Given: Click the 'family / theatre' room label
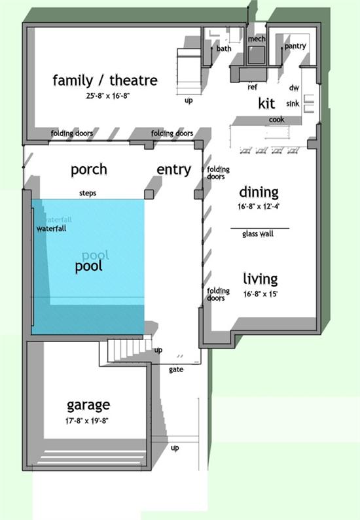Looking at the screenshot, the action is [x=105, y=80].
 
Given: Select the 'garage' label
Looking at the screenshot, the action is [x=88, y=406].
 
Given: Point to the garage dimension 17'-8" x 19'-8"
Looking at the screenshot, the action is [x=87, y=421].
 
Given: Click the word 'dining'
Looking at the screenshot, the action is [x=259, y=192].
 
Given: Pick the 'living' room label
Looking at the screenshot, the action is [x=261, y=279].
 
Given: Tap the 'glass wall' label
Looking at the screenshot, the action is [x=258, y=234].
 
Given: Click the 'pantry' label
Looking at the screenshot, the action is [x=295, y=46].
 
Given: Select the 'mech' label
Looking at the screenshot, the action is [x=257, y=39].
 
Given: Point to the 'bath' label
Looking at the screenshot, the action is [x=224, y=48].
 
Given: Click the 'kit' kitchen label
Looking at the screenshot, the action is [x=267, y=103].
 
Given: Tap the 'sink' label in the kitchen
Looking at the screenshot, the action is [x=293, y=104].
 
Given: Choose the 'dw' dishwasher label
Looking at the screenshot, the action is [x=294, y=88].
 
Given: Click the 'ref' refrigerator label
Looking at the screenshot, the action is [x=253, y=87].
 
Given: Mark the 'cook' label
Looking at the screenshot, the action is [x=276, y=119].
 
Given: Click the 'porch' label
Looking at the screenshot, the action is [x=89, y=170].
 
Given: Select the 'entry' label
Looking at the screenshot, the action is [x=174, y=170].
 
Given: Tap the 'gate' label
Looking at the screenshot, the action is [x=176, y=370].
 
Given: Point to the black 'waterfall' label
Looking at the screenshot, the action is [x=52, y=228].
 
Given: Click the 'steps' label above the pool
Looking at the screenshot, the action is [x=88, y=193].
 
